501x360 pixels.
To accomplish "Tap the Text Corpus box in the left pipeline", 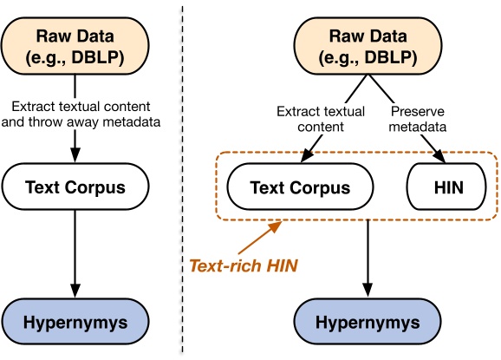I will (75, 187).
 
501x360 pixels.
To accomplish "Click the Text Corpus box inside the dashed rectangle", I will (300, 187).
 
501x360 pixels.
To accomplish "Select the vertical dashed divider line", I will (182, 173).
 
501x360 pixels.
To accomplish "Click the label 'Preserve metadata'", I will (417, 118).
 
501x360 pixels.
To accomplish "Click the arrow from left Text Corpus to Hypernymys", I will (75, 252).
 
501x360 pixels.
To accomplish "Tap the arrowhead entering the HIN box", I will (441, 158).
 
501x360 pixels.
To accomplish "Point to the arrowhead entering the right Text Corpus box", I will (305, 158).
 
